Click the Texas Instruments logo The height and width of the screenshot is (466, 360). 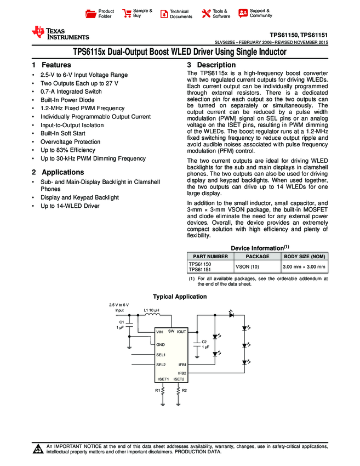(x=60, y=33)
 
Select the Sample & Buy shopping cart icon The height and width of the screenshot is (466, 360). (x=127, y=13)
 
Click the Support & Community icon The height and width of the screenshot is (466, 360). (x=243, y=13)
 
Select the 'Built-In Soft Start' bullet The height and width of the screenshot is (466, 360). (x=62, y=133)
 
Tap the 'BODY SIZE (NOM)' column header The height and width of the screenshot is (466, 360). (x=304, y=256)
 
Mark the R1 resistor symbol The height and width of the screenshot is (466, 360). (x=163, y=390)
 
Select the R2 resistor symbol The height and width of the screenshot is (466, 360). (x=179, y=390)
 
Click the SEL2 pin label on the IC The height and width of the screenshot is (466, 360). (x=161, y=365)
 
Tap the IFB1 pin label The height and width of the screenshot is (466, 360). (x=182, y=365)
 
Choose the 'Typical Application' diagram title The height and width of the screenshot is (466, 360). (x=180, y=297)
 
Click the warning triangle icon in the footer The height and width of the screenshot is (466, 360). (x=38, y=449)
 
